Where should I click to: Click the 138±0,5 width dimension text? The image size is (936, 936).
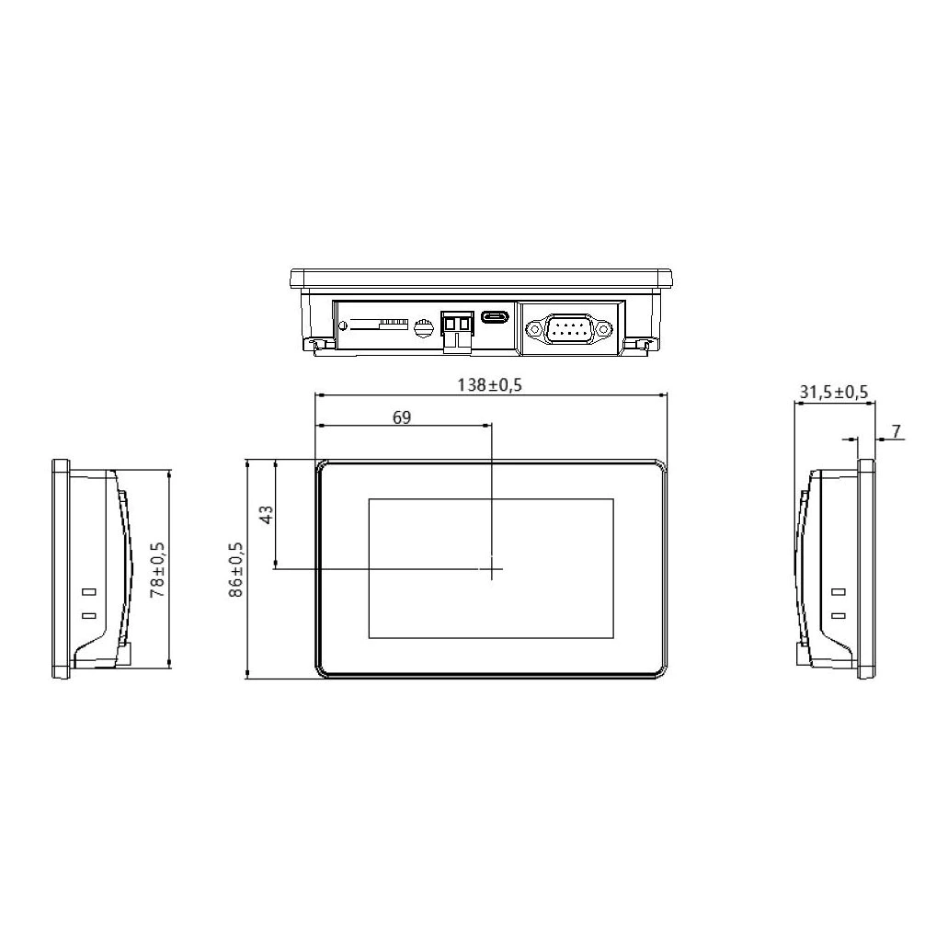pos(490,384)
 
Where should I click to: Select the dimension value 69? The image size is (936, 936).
pos(402,417)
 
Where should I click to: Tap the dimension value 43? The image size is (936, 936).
pos(267,514)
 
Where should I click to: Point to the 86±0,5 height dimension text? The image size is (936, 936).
pos(236,570)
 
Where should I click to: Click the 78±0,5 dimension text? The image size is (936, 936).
pos(158,570)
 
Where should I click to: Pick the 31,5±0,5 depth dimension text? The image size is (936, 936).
pos(833,392)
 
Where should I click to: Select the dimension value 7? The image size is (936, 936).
pos(896,430)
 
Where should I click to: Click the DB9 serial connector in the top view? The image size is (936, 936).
pos(567,327)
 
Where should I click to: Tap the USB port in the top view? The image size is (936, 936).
pos(496,318)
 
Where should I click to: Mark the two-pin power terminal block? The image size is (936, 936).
pos(456,327)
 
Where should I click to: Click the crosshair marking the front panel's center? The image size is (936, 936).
pos(492,569)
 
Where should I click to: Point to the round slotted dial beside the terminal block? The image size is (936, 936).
pos(424,326)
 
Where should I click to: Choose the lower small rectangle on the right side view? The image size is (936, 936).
pos(837,616)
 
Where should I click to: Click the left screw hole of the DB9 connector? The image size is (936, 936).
pos(533,326)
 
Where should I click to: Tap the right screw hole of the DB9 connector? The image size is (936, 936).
pos(602,326)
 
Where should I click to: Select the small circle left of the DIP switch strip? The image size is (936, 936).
pos(343,326)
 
